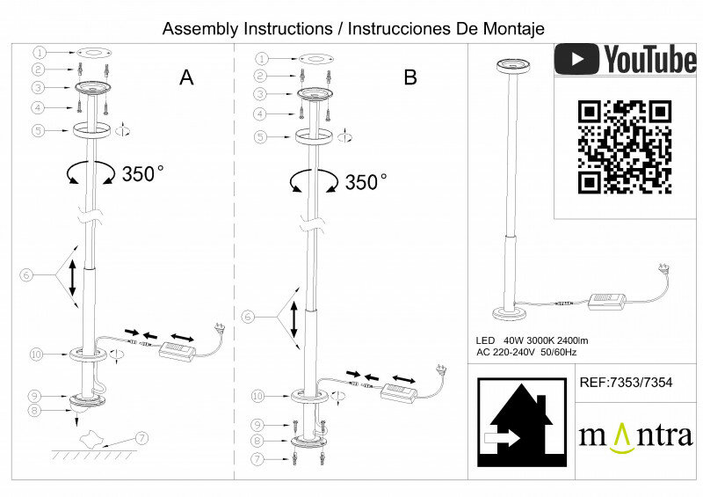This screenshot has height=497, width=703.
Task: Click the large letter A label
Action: coord(186,77)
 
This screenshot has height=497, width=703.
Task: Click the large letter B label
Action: coord(410,77)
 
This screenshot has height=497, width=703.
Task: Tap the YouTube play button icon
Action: coord(576,59)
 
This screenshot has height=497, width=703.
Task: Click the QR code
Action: coord(625,147)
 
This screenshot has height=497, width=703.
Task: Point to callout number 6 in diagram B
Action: coord(248,316)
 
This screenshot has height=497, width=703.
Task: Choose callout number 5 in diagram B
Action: coord(260,136)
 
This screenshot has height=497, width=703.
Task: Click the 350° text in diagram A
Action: coord(143,173)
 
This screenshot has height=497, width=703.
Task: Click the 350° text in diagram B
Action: coord(366,183)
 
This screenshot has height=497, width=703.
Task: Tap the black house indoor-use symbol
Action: coord(521,422)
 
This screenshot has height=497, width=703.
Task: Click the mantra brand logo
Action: coord(635,435)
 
